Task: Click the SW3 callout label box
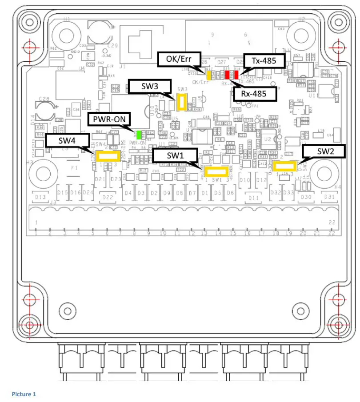[150, 86]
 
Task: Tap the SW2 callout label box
[324, 151]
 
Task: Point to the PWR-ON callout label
[109, 119]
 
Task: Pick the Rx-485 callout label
[255, 93]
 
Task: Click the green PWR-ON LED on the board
[139, 134]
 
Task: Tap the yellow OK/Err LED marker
[208, 72]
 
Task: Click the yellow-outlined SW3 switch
[181, 103]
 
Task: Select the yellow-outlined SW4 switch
[107, 156]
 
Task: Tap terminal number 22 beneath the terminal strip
[331, 234]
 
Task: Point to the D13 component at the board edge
[40, 197]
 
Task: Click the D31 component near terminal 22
[329, 197]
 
